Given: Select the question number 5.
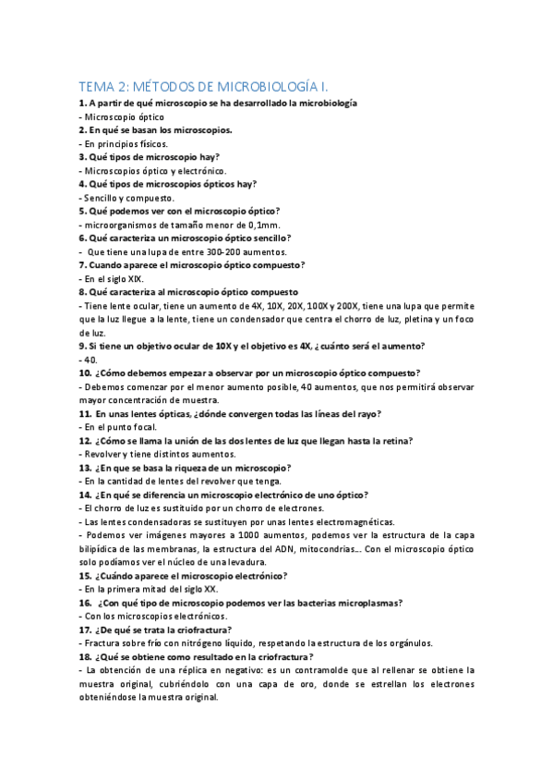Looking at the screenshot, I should pyautogui.click(x=82, y=211).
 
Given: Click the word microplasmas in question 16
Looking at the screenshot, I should pyautogui.click(x=364, y=603).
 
